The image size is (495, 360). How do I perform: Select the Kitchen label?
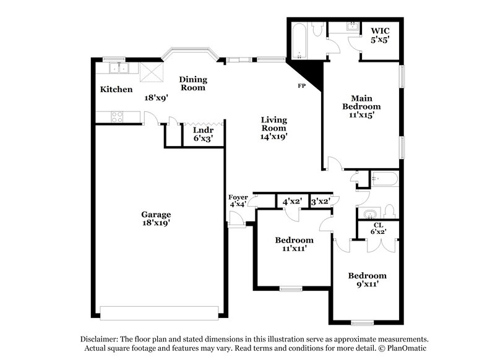[116, 90]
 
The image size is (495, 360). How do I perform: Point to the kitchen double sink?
[115, 67]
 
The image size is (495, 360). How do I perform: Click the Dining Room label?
[192, 84]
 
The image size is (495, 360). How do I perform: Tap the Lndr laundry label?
[204, 131]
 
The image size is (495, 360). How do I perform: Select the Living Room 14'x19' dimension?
[273, 137]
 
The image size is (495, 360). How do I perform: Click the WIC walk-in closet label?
[380, 31]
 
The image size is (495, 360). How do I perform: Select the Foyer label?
[238, 197]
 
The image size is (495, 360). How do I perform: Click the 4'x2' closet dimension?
[291, 202]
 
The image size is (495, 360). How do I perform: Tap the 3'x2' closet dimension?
[320, 202]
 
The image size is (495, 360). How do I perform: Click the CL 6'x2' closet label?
[379, 229]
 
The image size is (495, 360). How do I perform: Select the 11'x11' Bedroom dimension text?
[294, 249]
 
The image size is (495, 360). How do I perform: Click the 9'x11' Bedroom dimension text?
[367, 285]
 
